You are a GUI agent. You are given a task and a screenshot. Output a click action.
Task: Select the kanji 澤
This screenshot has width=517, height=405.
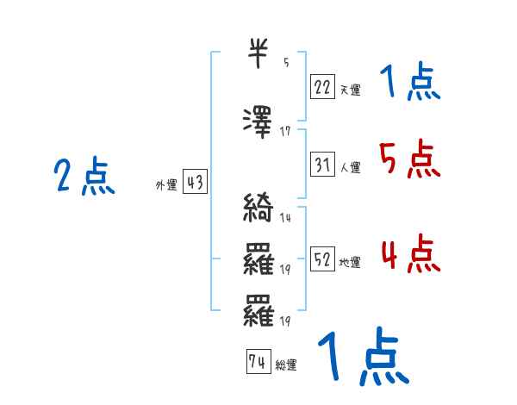click(259, 121)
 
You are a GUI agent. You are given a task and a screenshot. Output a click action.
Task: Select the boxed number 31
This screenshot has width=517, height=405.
click(322, 163)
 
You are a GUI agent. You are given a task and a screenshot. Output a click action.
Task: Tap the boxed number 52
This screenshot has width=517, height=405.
click(322, 258)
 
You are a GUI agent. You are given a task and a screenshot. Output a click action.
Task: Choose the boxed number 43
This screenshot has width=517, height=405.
click(195, 182)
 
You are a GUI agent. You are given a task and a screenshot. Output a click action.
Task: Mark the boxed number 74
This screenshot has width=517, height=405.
click(257, 362)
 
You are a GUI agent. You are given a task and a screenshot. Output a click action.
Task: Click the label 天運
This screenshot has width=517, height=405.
click(350, 89)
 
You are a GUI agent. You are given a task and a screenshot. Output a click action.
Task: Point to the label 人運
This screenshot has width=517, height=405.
click(350, 167)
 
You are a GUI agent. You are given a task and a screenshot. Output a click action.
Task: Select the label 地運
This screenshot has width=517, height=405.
click(350, 262)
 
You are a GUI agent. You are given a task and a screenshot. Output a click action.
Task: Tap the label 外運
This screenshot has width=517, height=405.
click(165, 185)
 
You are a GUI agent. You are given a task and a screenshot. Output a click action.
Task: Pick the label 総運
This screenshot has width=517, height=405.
click(285, 365)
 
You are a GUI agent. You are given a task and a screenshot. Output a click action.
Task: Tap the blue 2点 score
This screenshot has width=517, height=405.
click(84, 178)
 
